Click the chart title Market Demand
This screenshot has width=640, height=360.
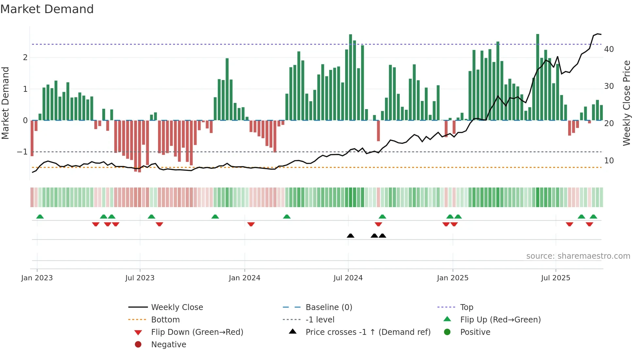click(47, 9)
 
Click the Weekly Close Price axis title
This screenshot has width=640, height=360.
click(626, 103)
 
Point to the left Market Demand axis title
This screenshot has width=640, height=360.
click(5, 103)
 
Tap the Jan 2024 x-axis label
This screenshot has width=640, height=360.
click(244, 278)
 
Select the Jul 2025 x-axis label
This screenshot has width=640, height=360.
click(555, 278)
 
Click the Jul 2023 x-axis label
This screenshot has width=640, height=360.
click(140, 278)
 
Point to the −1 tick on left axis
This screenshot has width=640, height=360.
click(22, 152)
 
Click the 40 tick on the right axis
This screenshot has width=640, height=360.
click(609, 49)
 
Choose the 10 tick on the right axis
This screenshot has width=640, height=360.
click(609, 161)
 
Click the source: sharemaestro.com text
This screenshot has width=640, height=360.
click(578, 256)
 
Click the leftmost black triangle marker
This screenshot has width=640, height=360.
click(350, 236)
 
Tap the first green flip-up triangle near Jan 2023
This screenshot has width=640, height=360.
click(40, 217)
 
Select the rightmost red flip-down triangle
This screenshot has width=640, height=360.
click(589, 224)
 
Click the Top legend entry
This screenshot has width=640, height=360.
click(466, 307)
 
